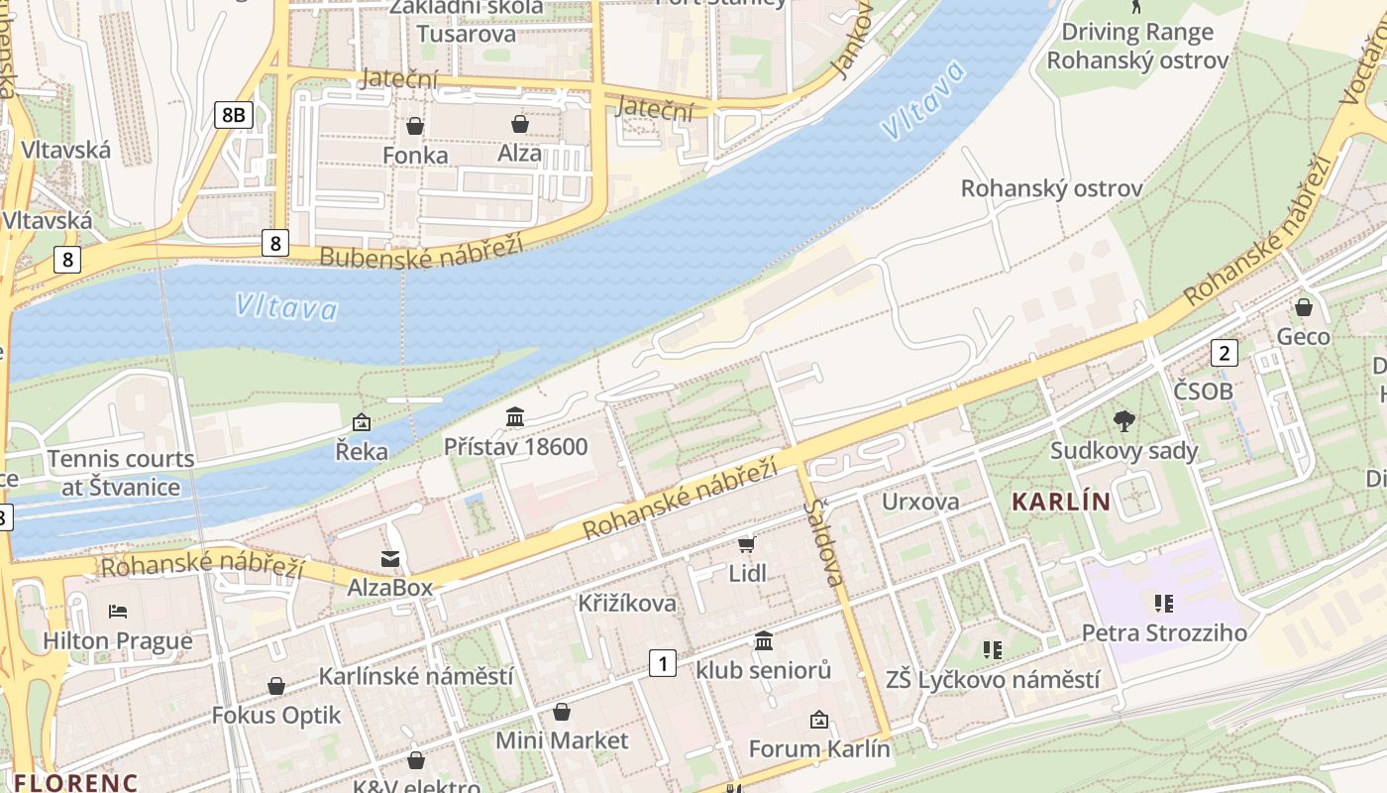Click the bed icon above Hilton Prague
tap(118, 611)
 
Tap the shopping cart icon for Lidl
tap(746, 543)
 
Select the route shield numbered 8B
tap(233, 115)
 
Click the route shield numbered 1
tap(662, 663)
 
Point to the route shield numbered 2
tap(1225, 353)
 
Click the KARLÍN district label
tap(1061, 502)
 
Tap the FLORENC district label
tap(75, 782)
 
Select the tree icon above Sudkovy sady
tap(1123, 421)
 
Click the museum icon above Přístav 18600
tap(515, 417)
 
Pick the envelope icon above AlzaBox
tap(390, 559)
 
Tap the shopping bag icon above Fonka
tap(415, 126)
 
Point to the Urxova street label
tap(920, 502)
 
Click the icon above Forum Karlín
tap(819, 720)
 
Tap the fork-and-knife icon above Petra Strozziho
tap(1163, 603)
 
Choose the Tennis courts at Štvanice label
tap(121, 473)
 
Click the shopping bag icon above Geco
tap(1304, 307)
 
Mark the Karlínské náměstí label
tap(415, 677)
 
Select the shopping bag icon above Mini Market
tap(562, 712)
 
